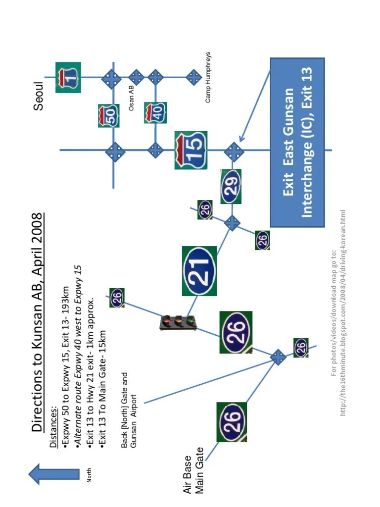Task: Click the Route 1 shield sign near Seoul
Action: [68, 77]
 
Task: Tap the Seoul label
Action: [39, 96]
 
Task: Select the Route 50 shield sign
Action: [108, 116]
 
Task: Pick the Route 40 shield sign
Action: [155, 113]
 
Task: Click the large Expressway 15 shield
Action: [190, 150]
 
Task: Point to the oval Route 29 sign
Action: [231, 187]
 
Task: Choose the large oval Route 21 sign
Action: [199, 271]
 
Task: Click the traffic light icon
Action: [178, 322]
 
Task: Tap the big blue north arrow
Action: [54, 474]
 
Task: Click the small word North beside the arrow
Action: [89, 475]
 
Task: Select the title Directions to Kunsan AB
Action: [38, 322]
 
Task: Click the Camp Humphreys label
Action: [208, 77]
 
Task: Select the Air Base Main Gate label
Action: [193, 470]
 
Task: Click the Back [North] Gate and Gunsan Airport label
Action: [129, 410]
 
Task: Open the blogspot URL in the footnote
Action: [342, 312]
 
